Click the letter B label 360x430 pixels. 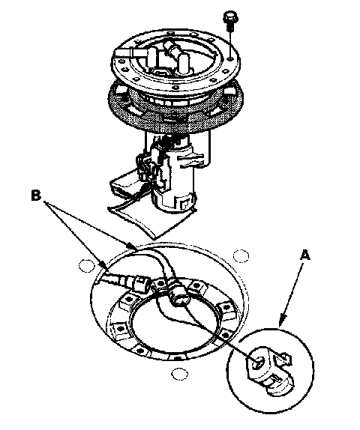(36, 196)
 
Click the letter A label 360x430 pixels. (304, 255)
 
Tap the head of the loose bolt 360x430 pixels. (230, 16)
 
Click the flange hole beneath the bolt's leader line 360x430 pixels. (231, 58)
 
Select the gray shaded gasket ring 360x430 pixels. (175, 109)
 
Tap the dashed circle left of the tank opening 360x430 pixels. (86, 265)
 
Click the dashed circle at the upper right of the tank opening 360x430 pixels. (241, 256)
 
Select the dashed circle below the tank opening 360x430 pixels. (180, 374)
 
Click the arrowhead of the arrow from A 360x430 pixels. (281, 321)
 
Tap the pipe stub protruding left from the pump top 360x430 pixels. (125, 53)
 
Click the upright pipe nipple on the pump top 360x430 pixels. (184, 62)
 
